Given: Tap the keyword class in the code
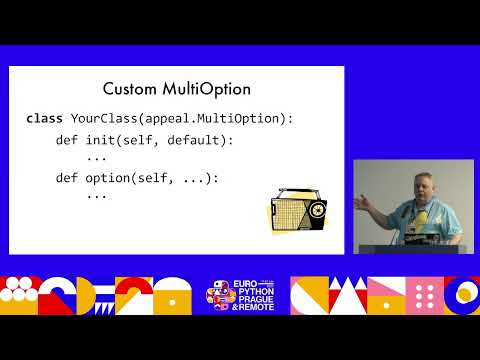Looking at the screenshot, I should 44,119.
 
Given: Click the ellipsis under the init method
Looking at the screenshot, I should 96,157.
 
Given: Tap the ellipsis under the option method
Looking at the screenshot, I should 96,195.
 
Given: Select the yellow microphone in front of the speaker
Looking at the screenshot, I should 423,217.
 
